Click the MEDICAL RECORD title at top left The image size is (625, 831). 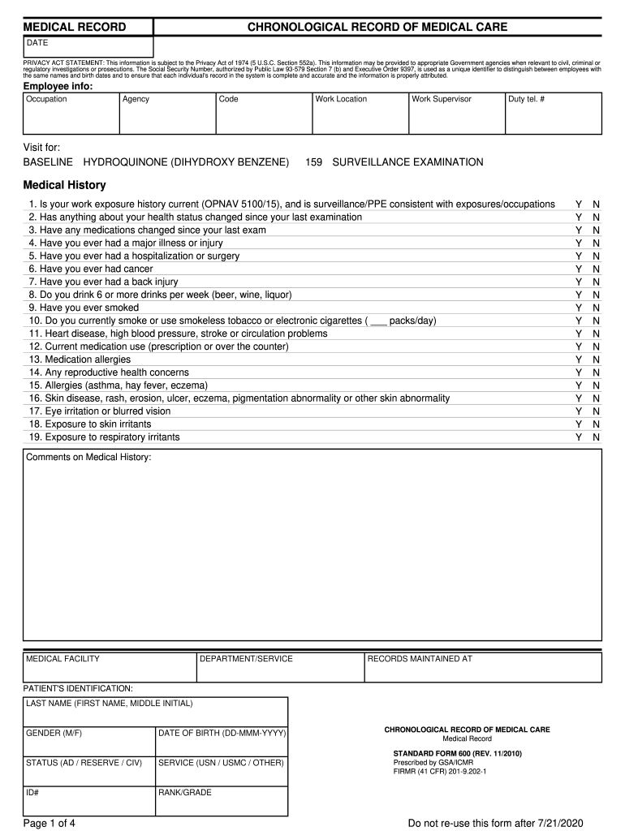(x=74, y=27)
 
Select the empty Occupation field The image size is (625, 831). (x=71, y=118)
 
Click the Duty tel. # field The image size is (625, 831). (x=554, y=118)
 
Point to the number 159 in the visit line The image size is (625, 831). (x=314, y=162)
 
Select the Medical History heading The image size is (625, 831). (x=64, y=185)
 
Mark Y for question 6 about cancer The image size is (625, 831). (x=579, y=269)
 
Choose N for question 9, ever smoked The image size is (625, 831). (x=597, y=308)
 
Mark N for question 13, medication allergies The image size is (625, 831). (x=597, y=360)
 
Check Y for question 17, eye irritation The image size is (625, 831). (x=579, y=411)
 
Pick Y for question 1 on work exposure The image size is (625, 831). (x=579, y=204)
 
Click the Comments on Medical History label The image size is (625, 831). (x=88, y=458)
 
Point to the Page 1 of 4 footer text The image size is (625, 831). (x=50, y=824)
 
